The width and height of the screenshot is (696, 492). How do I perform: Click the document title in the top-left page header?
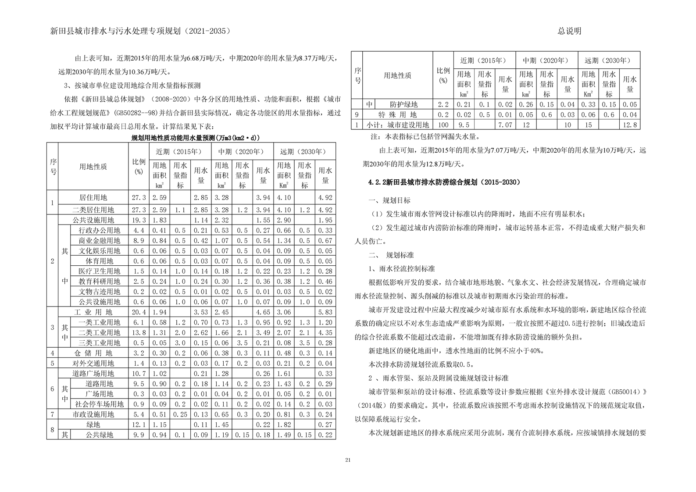click(x=140, y=31)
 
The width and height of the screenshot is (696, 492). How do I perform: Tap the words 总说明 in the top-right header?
click(x=569, y=31)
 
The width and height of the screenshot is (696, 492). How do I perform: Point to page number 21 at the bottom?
click(x=348, y=460)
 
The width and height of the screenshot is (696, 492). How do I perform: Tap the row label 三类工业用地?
click(x=99, y=343)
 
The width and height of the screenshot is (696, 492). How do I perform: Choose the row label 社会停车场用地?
click(x=99, y=404)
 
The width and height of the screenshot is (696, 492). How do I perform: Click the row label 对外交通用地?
click(x=93, y=363)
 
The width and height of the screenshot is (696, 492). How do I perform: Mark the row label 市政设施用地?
click(x=93, y=414)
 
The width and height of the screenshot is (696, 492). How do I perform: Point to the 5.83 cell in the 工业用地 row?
click(x=325, y=312)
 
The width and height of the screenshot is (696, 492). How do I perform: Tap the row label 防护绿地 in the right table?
click(x=404, y=104)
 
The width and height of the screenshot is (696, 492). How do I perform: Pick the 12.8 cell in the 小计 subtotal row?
click(x=630, y=125)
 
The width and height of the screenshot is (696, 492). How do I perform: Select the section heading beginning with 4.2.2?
click(x=444, y=182)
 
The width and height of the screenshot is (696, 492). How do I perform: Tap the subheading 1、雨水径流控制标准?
click(x=402, y=268)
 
